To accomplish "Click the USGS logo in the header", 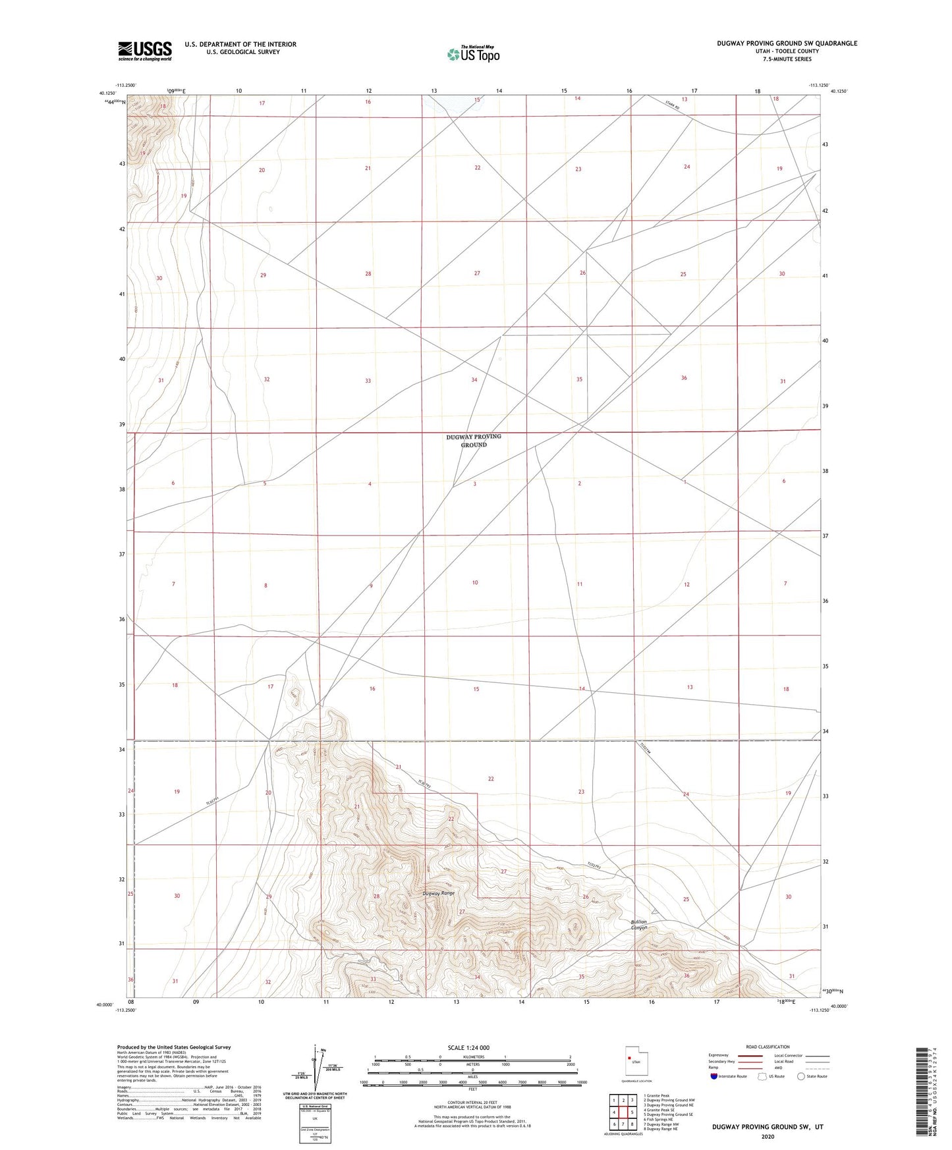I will [145, 51].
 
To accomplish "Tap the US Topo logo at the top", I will [473, 54].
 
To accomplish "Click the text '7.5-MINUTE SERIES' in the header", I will [787, 59].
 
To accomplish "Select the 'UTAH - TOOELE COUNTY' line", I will [787, 51].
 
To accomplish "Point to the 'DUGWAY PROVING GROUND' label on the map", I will [473, 441].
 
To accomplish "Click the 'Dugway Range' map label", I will [438, 893].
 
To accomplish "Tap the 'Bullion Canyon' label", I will [639, 925].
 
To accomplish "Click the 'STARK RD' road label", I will [671, 105].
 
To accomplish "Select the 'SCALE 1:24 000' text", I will [468, 1048].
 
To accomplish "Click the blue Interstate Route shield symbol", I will [714, 1076].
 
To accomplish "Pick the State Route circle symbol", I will [800, 1076].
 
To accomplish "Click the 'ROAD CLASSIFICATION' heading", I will [768, 1047].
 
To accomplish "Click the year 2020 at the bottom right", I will [768, 1136].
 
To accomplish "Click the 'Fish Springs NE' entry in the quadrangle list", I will [659, 1119].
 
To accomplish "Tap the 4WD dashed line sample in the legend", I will [817, 1067].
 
